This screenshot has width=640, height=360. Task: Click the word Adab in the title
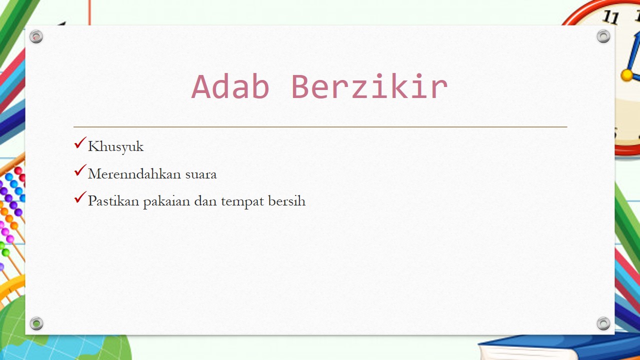(230, 86)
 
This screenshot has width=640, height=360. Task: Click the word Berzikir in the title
(369, 86)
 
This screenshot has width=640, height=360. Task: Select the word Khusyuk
(115, 147)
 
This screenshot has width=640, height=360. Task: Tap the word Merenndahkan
(134, 173)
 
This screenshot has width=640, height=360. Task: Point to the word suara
(201, 174)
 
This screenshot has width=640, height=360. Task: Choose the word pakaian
(166, 201)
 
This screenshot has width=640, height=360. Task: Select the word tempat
(242, 202)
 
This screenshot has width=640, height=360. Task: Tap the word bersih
(287, 200)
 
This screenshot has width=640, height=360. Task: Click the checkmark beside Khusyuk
(80, 143)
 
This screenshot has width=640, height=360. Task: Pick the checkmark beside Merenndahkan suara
(80, 170)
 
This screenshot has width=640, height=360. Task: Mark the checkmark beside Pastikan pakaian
(80, 197)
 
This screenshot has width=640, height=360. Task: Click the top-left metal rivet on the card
(36, 36)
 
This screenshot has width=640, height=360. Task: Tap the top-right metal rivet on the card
(603, 36)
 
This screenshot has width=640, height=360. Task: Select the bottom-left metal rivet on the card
(36, 323)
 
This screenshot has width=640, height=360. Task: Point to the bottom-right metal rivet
(603, 323)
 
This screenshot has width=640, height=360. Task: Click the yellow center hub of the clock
(627, 75)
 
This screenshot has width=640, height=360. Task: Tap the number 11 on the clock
(611, 17)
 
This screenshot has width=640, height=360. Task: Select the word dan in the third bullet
(205, 201)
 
